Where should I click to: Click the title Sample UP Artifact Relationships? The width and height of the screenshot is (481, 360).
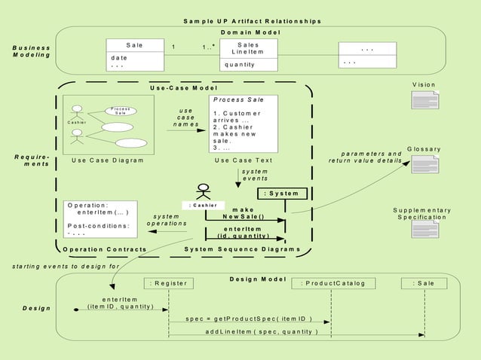tap(252, 21)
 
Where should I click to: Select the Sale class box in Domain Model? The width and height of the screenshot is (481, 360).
tap(134, 54)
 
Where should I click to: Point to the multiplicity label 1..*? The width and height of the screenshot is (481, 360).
tap(209, 47)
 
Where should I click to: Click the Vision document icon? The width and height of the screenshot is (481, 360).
tap(422, 99)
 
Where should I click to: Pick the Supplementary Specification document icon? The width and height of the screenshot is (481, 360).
tap(422, 231)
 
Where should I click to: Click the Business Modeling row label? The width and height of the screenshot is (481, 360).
tap(32, 51)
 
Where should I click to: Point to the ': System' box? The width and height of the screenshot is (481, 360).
tap(283, 194)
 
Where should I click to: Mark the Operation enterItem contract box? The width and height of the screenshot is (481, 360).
tap(100, 218)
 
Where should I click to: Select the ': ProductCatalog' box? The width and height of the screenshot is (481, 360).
tap(332, 284)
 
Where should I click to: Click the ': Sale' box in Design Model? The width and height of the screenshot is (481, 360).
tap(423, 284)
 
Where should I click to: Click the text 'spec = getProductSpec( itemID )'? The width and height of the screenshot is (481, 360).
tap(248, 319)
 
